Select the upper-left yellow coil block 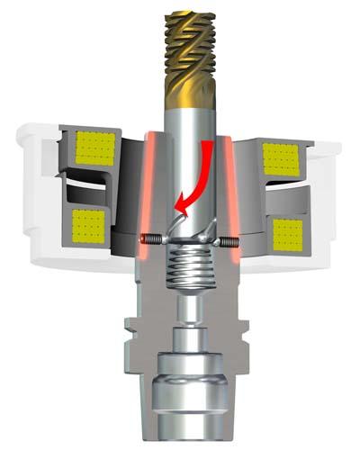tap(94, 147)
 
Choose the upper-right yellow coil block tap(280, 157)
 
